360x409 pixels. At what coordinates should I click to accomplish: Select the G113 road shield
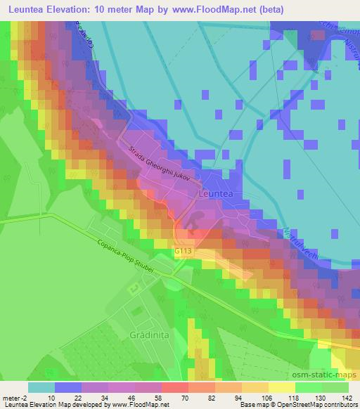(x=184, y=250)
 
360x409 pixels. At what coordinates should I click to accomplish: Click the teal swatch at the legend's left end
(x=41, y=387)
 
